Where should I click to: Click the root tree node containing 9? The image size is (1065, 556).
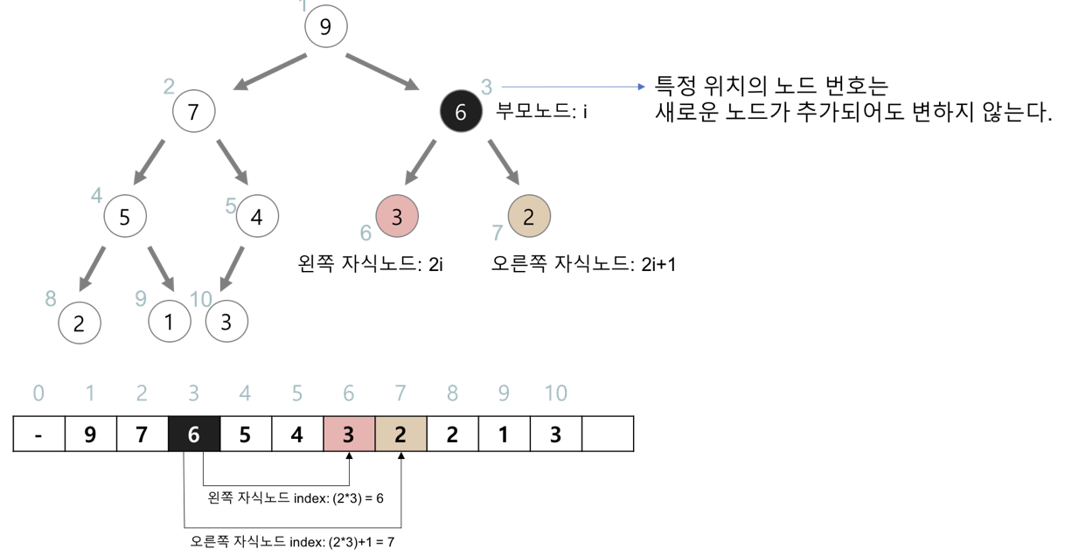point(325,26)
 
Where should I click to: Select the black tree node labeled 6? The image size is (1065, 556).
point(461,112)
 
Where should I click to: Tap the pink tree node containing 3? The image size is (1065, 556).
point(397,217)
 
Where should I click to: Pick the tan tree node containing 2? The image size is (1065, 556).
point(528,217)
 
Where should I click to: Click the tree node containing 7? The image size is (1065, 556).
point(193,112)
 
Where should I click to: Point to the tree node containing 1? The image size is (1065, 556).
point(169,323)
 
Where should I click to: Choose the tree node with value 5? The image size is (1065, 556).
point(125,217)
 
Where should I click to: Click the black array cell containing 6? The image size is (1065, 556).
point(193,434)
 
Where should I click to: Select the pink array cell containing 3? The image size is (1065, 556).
point(349,434)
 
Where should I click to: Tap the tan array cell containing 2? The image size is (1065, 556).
point(400,434)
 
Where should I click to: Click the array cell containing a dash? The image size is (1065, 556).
point(38,434)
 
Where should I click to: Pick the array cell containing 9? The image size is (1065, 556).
point(90,434)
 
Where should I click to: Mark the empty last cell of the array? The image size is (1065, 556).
point(607,434)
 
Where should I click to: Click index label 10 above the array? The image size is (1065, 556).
point(555,393)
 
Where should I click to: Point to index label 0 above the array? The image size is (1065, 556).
point(38,393)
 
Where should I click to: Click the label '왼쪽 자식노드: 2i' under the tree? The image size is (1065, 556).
point(372,264)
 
